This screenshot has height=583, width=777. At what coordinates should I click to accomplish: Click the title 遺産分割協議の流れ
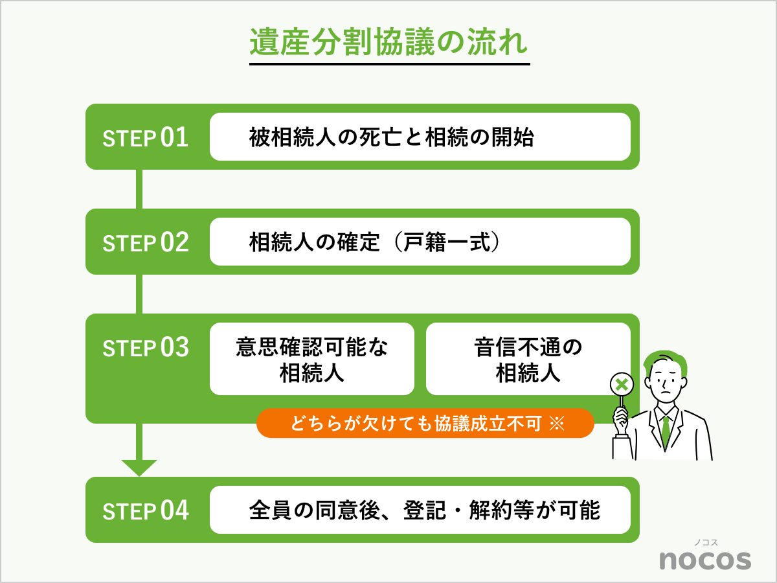point(389,43)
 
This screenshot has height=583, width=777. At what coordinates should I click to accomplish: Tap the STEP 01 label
point(146,137)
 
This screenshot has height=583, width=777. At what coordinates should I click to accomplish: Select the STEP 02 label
point(146,242)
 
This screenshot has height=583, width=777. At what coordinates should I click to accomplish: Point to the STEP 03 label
point(146,347)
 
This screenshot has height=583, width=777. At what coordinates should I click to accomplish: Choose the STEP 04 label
point(146,510)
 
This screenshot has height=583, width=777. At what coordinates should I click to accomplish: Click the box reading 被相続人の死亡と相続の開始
point(420,137)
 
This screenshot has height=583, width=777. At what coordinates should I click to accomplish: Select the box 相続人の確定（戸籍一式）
point(420,242)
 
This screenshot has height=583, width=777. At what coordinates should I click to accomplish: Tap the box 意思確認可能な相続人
point(311,359)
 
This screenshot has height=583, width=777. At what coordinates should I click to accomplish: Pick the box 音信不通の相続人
point(528,359)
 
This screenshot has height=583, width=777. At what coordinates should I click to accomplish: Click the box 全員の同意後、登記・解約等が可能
point(420,510)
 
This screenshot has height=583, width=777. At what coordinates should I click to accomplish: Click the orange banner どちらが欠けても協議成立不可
point(425,424)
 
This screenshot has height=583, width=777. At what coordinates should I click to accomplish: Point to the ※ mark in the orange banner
point(557,424)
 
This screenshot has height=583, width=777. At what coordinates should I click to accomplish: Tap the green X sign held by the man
point(622,385)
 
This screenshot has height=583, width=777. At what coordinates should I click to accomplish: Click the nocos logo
point(705,559)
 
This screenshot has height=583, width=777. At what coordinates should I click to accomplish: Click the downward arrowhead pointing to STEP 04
point(139,467)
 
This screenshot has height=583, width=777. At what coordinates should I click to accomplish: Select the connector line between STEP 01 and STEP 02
point(139,189)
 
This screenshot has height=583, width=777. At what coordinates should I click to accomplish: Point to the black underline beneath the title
point(389,64)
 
